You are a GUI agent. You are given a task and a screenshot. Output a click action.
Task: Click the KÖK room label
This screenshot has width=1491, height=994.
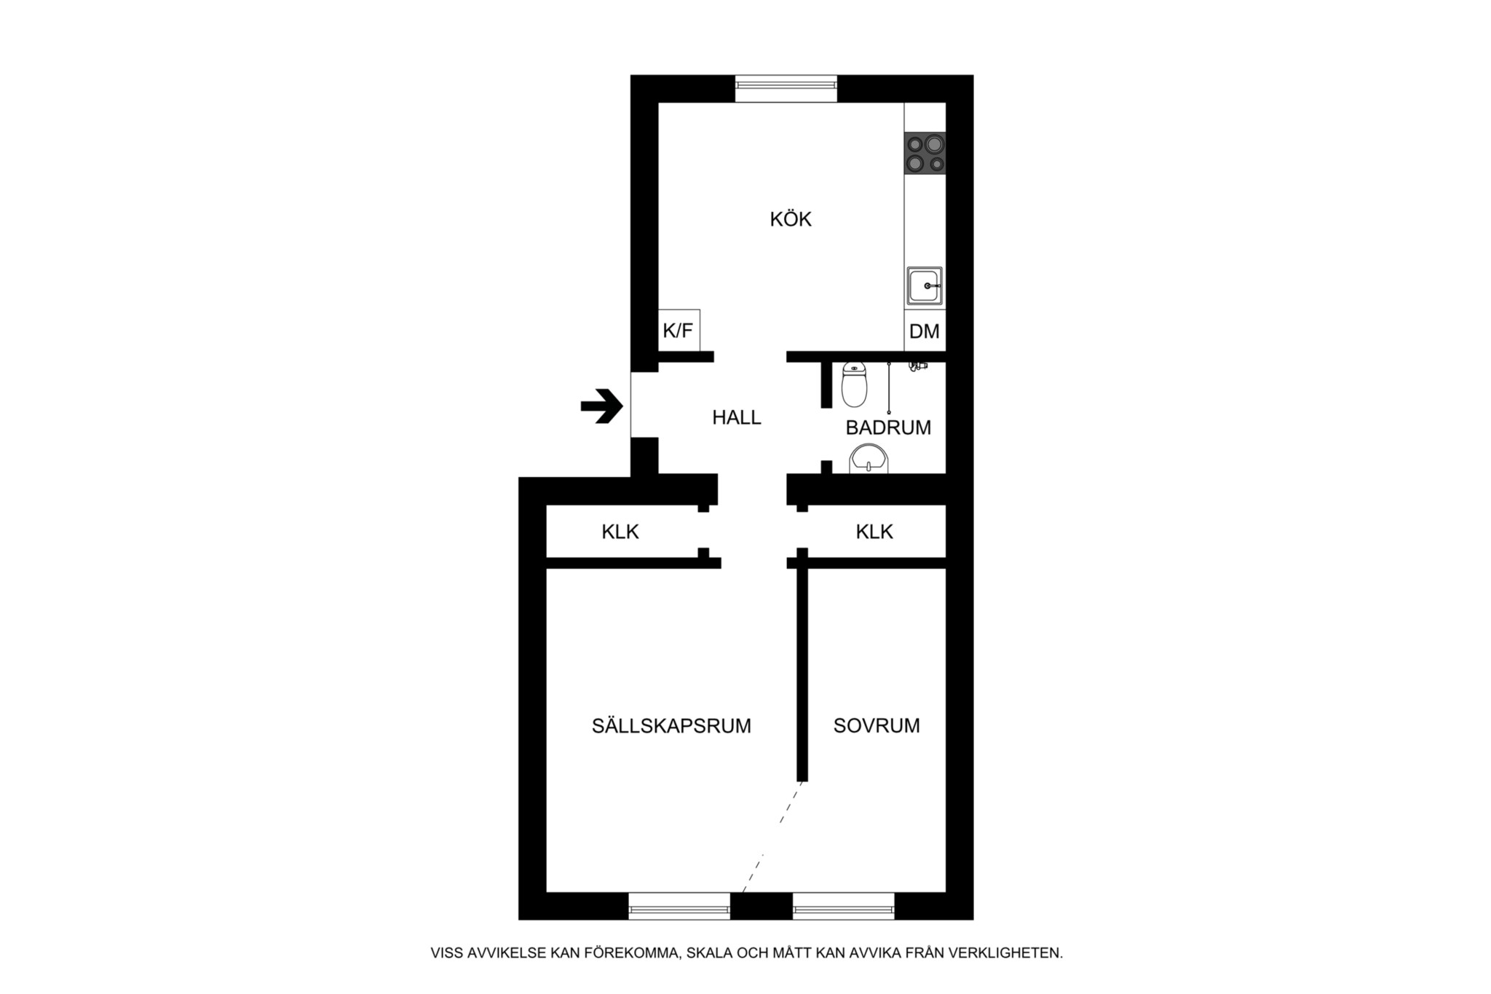point(791,218)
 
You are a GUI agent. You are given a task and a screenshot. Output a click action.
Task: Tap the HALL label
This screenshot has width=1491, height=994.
point(737,417)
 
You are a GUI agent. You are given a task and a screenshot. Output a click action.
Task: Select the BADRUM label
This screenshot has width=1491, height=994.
point(888,427)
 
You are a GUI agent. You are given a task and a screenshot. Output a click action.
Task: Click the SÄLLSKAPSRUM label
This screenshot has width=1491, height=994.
point(671,725)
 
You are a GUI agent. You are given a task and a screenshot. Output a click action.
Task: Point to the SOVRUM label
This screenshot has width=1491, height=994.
point(877,725)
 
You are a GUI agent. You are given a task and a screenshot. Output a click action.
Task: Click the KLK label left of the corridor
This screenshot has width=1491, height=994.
point(620,532)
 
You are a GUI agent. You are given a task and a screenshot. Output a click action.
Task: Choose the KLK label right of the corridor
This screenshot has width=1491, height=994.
point(874,532)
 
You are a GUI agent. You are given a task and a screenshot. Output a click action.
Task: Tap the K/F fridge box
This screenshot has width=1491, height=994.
point(679,330)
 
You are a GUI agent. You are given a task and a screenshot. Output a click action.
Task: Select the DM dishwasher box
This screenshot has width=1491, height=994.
point(925,331)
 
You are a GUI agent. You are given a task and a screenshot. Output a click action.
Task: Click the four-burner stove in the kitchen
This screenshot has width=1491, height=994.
point(925,153)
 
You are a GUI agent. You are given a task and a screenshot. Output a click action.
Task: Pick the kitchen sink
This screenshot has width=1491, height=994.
point(925,286)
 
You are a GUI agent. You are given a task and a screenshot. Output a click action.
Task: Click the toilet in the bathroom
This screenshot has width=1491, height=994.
point(854,384)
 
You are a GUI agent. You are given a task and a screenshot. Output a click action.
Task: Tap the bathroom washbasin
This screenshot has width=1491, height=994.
point(869,459)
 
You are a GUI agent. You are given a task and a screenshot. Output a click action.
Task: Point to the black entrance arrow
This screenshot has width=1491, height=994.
point(601,406)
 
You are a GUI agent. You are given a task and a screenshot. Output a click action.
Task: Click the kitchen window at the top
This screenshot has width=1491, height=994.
point(786,88)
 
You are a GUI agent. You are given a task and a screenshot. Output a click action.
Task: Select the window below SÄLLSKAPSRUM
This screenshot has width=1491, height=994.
point(679,906)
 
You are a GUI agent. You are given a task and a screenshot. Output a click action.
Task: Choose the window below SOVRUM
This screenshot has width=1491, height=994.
point(844,906)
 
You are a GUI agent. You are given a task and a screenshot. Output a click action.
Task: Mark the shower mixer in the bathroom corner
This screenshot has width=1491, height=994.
point(917,366)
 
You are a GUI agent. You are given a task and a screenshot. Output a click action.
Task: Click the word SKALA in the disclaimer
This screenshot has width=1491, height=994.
point(711,952)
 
